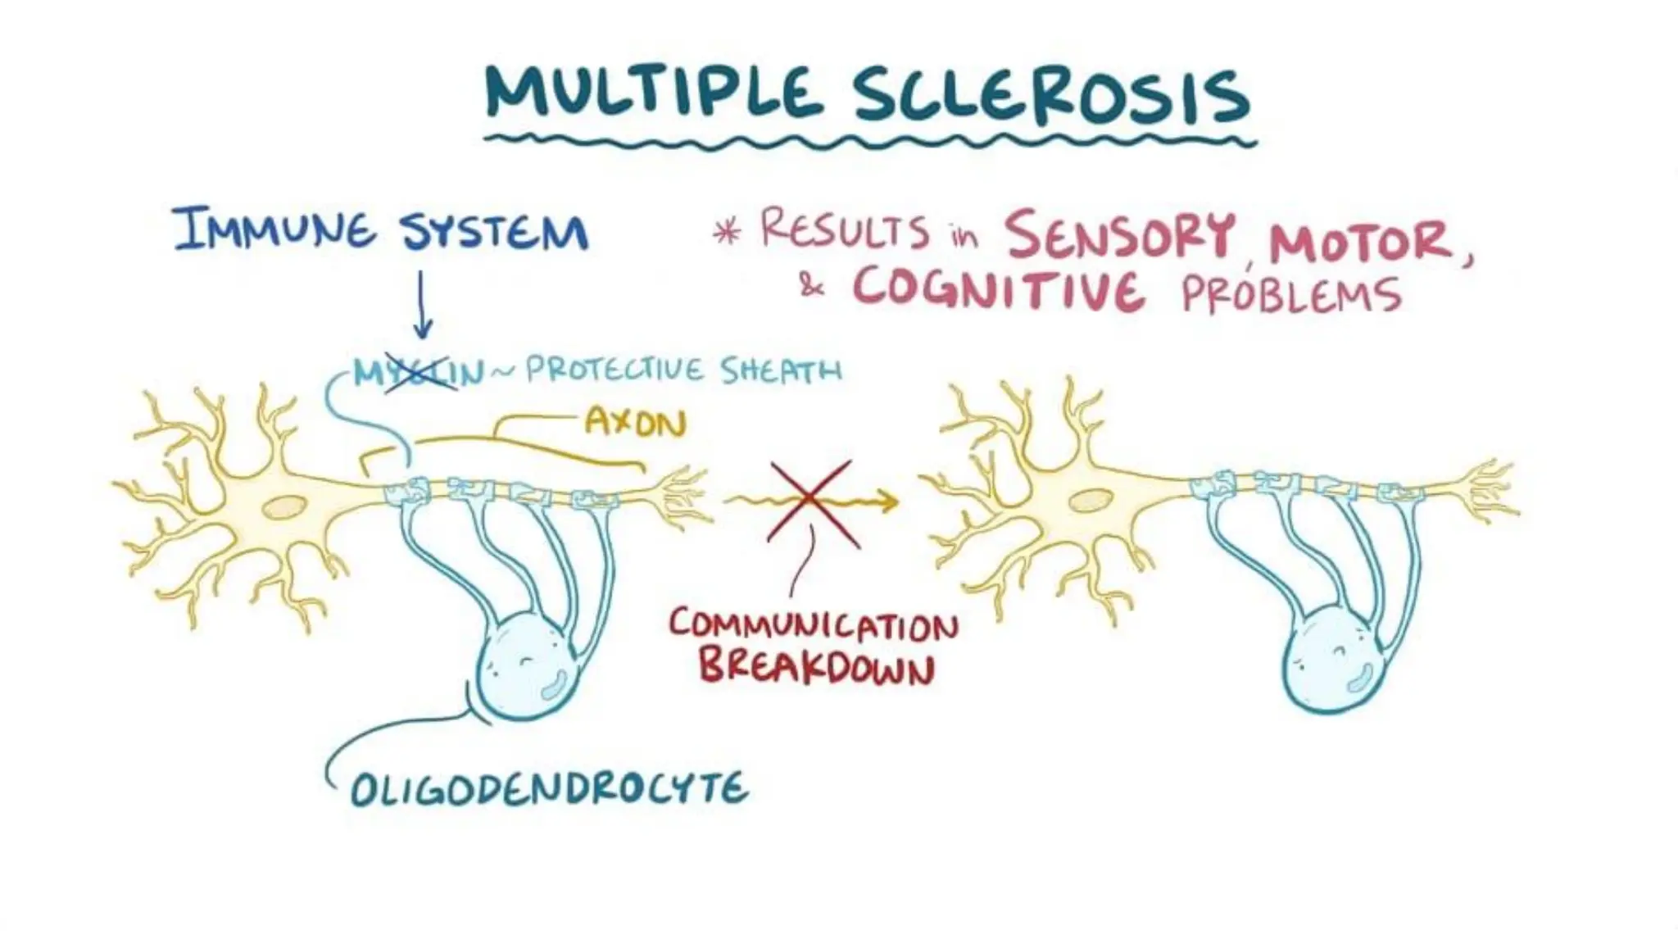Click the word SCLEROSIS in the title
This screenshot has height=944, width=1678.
(x=1051, y=97)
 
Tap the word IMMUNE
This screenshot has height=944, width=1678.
(x=274, y=229)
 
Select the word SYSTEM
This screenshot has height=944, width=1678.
(x=494, y=231)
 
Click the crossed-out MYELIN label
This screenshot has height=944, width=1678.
(x=419, y=374)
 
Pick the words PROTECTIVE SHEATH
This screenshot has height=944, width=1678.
(x=683, y=370)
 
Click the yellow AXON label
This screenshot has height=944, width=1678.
(x=635, y=423)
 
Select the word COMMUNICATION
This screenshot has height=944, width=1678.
(x=813, y=627)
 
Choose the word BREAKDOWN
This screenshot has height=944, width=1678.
(x=816, y=668)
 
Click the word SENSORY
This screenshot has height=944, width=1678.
(x=1119, y=234)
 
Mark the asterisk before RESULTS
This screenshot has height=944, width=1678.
(x=726, y=232)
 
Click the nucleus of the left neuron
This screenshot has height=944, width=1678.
(x=283, y=507)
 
